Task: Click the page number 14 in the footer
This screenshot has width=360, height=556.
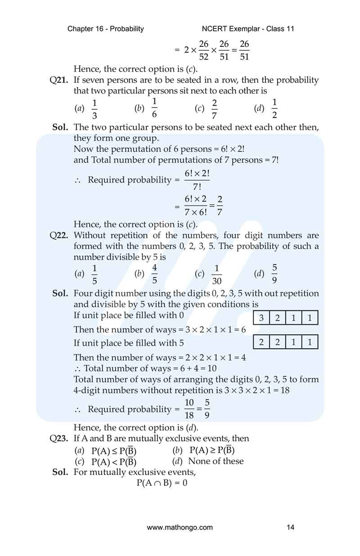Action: [x=290, y=527]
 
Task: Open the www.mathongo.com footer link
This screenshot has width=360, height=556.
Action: [x=180, y=527]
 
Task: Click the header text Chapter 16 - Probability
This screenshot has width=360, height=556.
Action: [x=106, y=29]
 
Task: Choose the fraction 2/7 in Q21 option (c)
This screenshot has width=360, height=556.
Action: [x=214, y=108]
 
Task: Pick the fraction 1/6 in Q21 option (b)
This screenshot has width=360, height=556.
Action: [x=154, y=108]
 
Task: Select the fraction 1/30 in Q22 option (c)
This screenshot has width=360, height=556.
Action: [x=216, y=275]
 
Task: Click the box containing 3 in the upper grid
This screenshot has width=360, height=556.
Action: [x=261, y=318]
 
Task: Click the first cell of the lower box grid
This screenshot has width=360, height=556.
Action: [x=261, y=342]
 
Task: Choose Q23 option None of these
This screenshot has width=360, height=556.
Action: [x=216, y=461]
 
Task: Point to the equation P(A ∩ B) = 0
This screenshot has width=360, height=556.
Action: [x=162, y=483]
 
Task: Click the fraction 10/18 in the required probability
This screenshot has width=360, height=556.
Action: [x=189, y=409]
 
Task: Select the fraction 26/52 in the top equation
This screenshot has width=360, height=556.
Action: [x=203, y=50]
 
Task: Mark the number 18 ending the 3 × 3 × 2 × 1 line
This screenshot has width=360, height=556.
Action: [x=284, y=390]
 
